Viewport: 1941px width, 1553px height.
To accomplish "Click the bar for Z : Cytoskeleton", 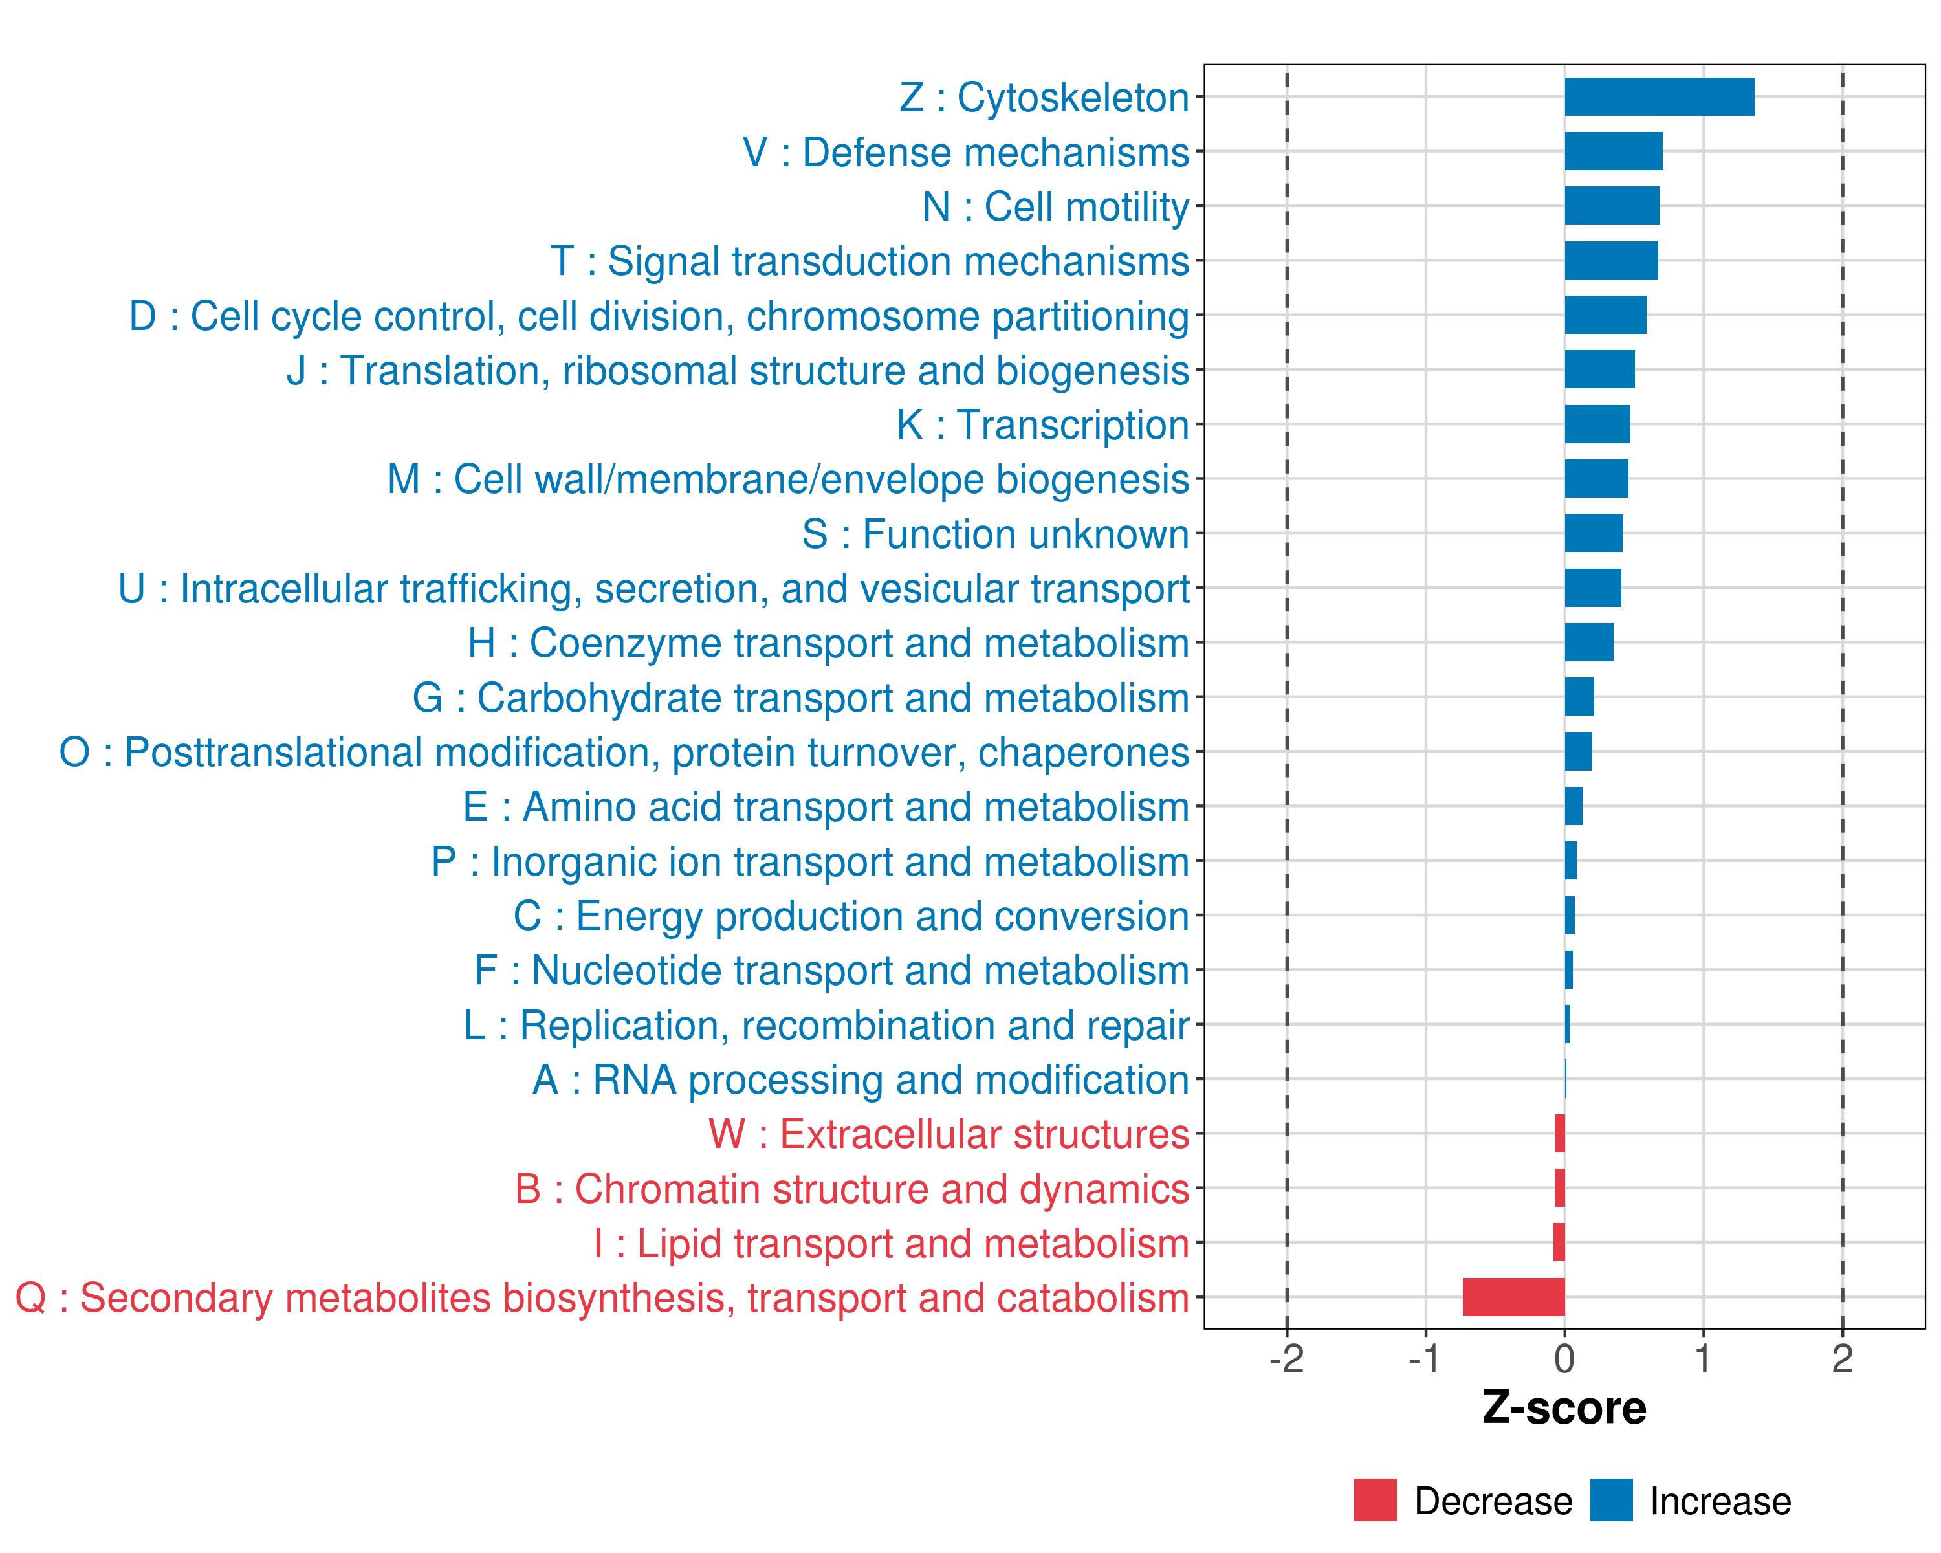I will tap(1658, 97).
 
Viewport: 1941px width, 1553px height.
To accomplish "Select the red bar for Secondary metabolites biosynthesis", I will tap(1513, 1297).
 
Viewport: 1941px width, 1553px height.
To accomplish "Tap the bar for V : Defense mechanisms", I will tap(1614, 151).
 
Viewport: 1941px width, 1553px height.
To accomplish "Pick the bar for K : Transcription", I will tap(1597, 424).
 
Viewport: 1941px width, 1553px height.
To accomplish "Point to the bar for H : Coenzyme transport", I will tap(1589, 642).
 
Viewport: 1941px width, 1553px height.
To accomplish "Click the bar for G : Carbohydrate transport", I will tap(1579, 697).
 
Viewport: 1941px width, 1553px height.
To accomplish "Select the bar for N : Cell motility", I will tap(1612, 206).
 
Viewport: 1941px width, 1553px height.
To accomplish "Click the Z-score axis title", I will tap(1564, 1408).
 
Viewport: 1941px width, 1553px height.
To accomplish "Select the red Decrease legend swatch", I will tap(1375, 1500).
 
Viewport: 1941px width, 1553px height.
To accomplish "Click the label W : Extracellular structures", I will tap(949, 1134).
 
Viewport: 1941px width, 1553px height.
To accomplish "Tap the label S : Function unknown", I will tap(996, 534).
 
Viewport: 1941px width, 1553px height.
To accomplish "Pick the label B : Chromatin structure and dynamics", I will tap(851, 1189).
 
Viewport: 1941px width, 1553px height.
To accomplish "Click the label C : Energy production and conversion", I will tap(851, 916).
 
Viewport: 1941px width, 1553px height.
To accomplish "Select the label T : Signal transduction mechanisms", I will tap(870, 261).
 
